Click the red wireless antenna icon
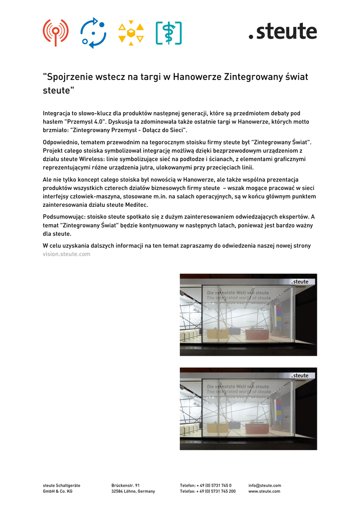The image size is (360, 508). (55, 32)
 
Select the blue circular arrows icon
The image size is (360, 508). (94, 32)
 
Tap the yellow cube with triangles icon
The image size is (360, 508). (131, 33)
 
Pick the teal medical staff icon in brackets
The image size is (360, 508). (168, 33)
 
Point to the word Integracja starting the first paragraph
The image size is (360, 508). (59, 114)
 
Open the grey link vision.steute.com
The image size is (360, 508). (67, 254)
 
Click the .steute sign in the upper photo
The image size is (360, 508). (300, 282)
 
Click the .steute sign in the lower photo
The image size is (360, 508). (300, 376)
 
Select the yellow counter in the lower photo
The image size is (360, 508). (217, 428)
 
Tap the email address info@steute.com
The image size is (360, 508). (265, 485)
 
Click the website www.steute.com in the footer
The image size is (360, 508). (264, 491)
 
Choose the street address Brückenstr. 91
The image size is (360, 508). (126, 485)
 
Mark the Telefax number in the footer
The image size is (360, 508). (208, 491)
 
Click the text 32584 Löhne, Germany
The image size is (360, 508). (133, 491)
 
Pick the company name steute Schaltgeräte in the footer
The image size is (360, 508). (62, 485)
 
